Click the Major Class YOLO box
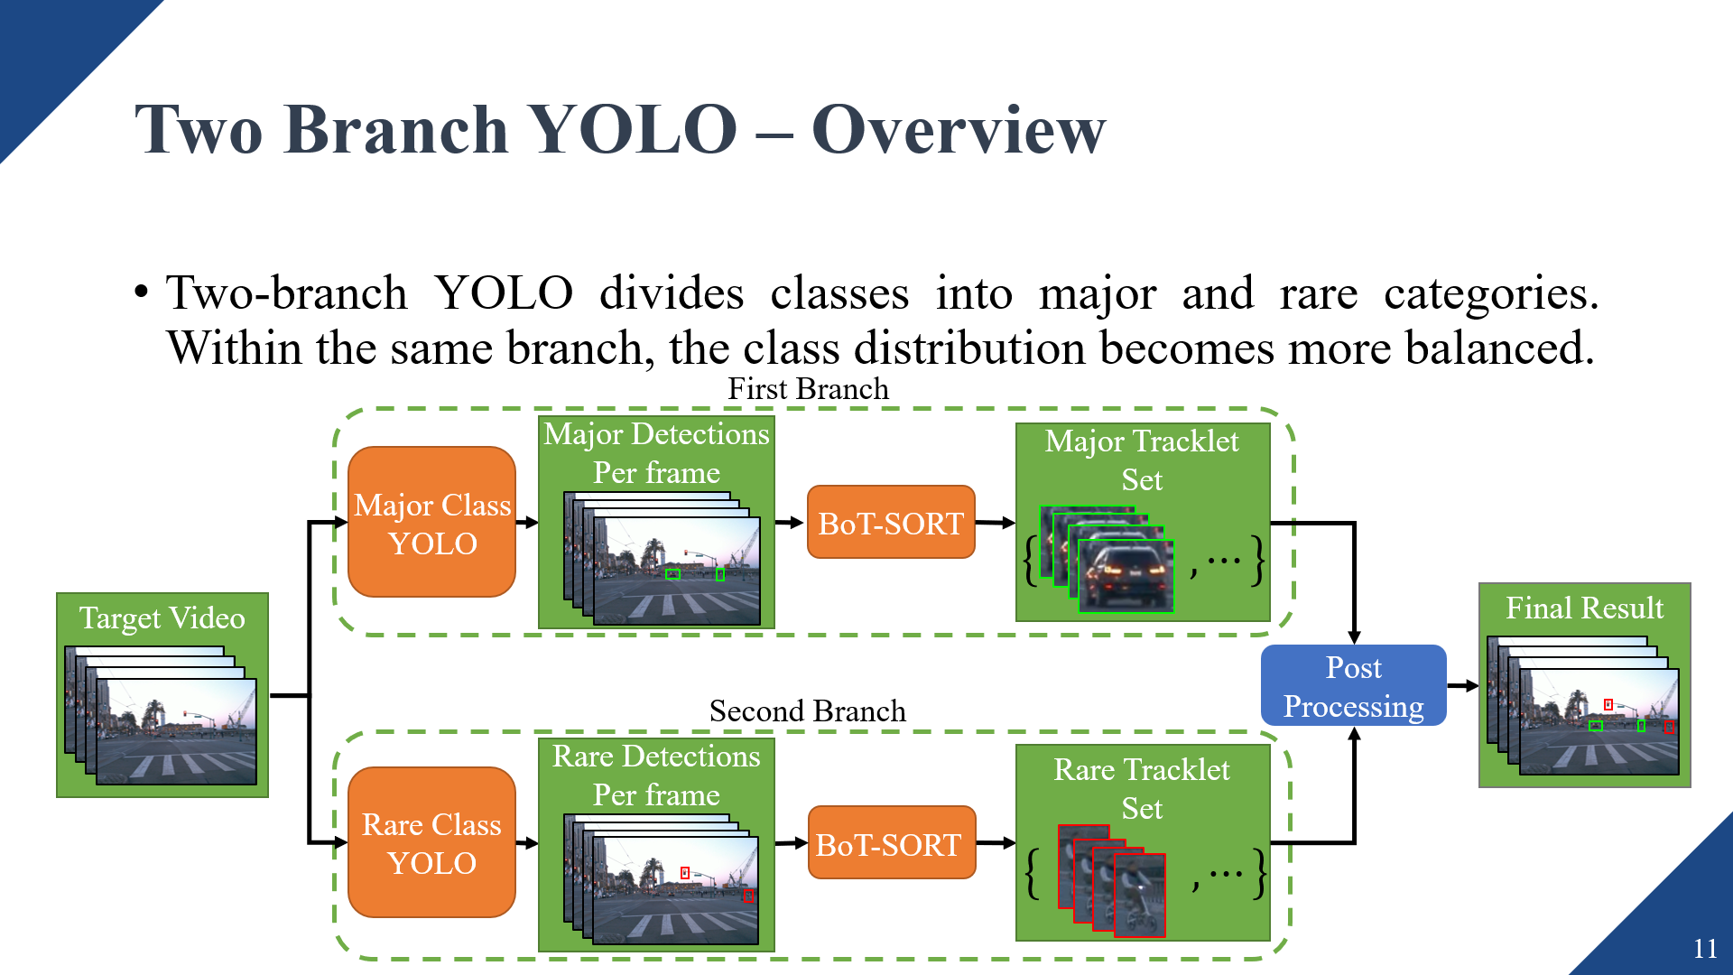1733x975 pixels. click(x=431, y=523)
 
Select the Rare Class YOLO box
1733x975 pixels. click(x=431, y=843)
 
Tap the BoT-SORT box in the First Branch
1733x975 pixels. click(x=891, y=523)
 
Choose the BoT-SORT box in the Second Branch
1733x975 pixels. click(x=891, y=843)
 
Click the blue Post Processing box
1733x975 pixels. click(x=1353, y=686)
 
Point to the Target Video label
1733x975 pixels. click(x=162, y=618)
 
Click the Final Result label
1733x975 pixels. click(x=1584, y=608)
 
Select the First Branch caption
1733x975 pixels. click(x=808, y=389)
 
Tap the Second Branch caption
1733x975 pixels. click(x=807, y=711)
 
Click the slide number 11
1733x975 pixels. click(x=1704, y=948)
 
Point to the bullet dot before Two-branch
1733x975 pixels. click(x=141, y=293)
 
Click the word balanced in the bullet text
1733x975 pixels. click(x=1499, y=348)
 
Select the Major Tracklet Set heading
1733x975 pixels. click(x=1142, y=460)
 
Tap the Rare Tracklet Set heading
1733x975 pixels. click(x=1142, y=789)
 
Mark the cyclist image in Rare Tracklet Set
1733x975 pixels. click(x=1139, y=896)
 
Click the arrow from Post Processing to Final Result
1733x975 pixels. click(x=1462, y=686)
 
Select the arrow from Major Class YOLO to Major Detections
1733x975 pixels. click(x=527, y=522)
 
